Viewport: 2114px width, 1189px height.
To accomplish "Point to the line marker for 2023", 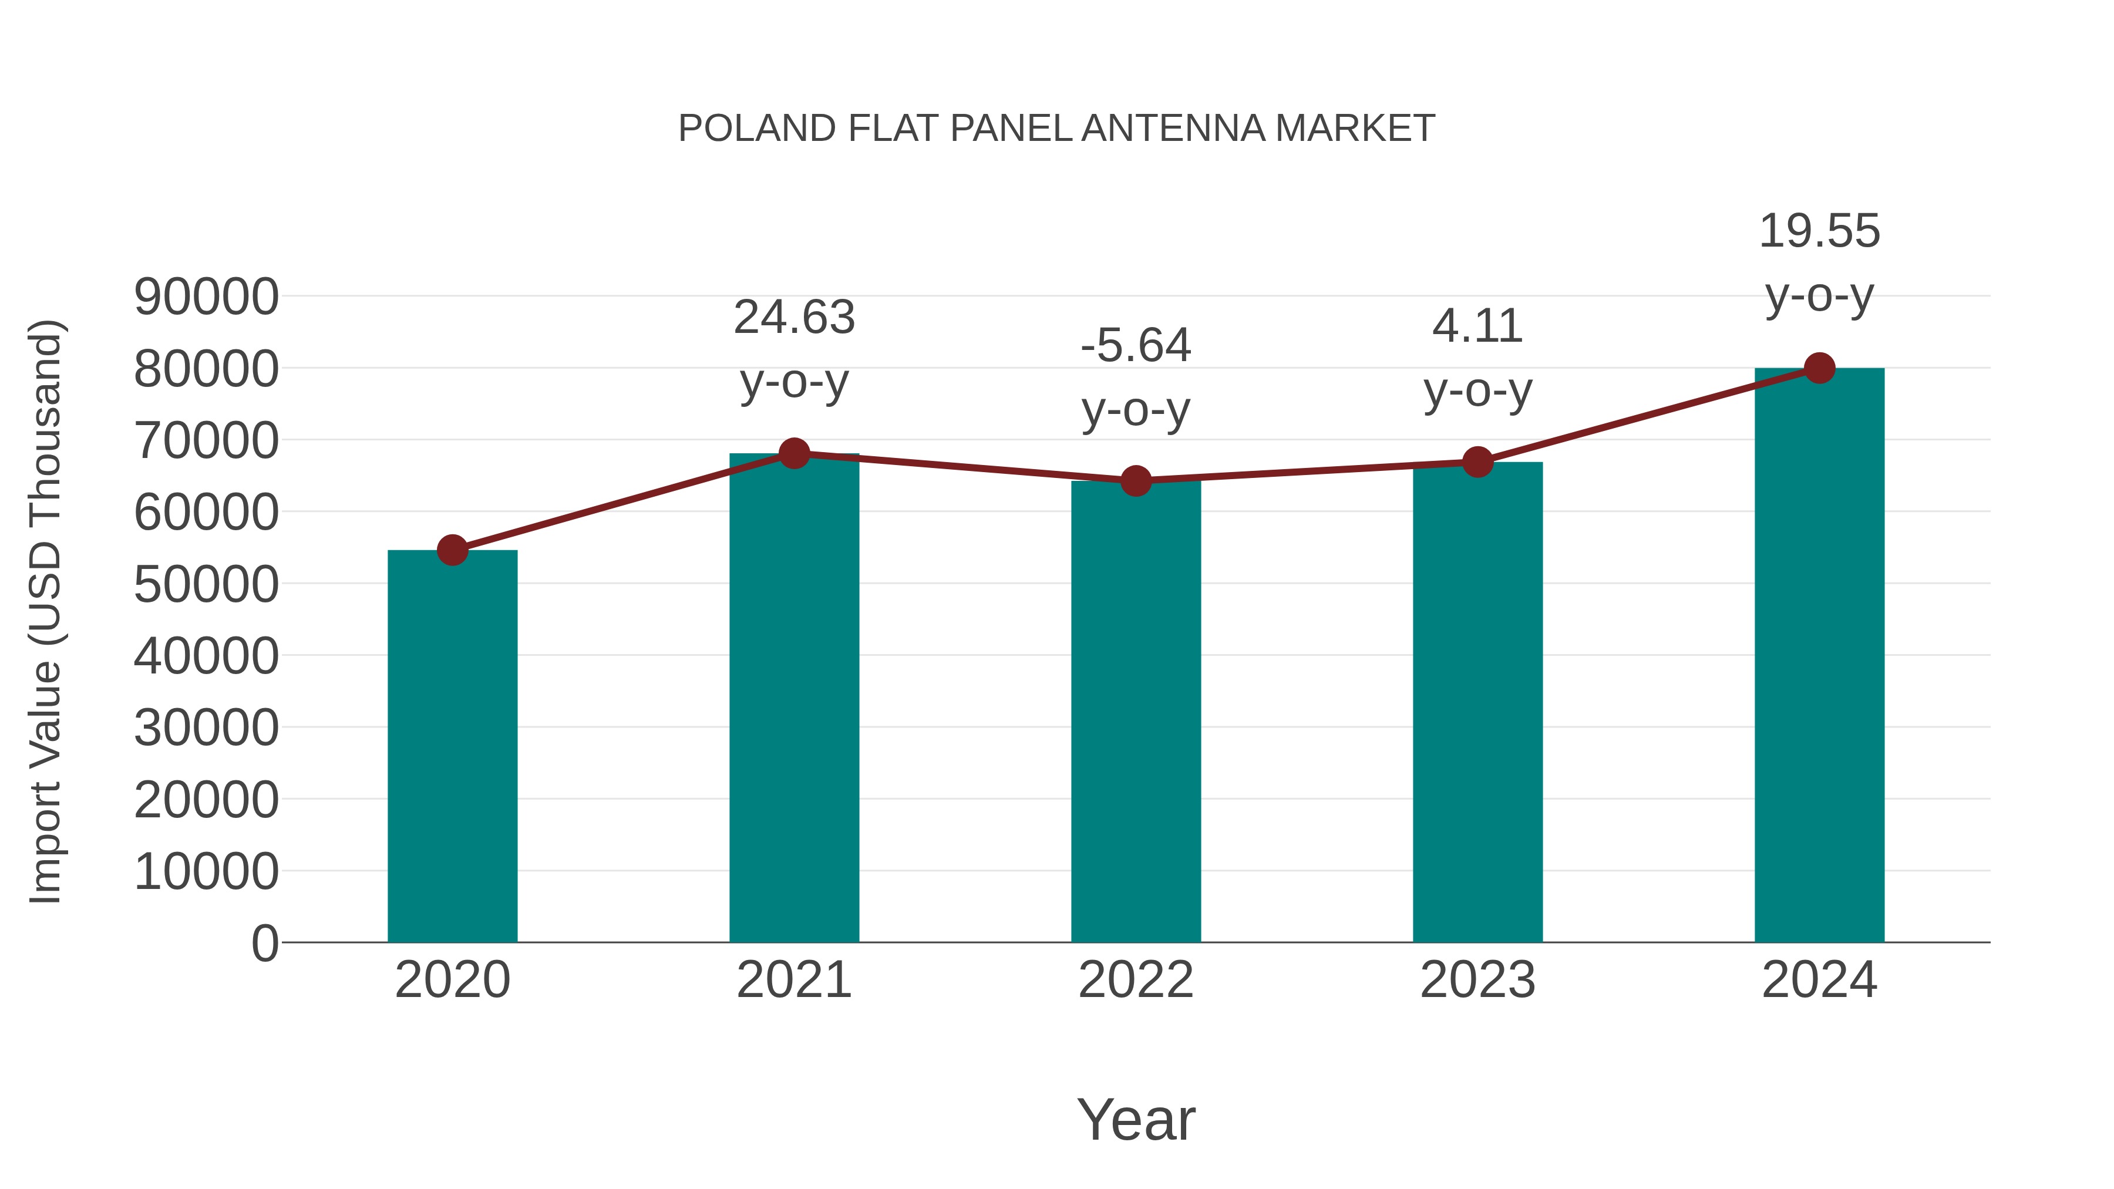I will click(x=1477, y=462).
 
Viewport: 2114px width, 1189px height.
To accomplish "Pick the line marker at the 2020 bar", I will click(x=452, y=550).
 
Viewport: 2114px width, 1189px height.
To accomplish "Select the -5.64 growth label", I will click(x=1136, y=345).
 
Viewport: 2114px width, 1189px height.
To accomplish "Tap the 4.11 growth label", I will click(x=1477, y=326).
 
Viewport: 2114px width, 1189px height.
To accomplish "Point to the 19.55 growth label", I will click(x=1819, y=231).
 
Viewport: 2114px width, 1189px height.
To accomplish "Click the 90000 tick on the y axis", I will click(x=206, y=297).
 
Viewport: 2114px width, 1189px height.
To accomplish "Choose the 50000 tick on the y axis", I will click(x=206, y=585).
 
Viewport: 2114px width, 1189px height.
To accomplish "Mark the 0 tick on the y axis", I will click(x=265, y=944).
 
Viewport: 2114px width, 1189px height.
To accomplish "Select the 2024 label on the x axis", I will click(x=1819, y=980).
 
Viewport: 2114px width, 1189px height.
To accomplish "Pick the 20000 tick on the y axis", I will click(x=206, y=800).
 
